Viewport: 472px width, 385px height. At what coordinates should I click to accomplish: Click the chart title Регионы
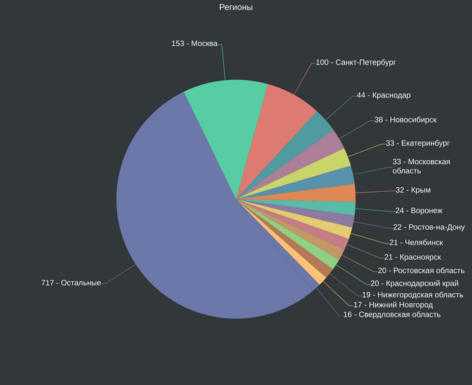click(236, 7)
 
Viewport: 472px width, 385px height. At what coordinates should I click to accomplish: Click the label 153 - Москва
click(194, 44)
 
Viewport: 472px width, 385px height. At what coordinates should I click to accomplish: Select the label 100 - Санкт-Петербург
click(355, 63)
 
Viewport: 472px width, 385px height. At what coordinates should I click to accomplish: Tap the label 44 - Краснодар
click(384, 96)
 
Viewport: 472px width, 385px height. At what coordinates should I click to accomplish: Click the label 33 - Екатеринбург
click(417, 143)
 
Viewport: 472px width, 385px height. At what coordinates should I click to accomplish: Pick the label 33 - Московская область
click(421, 166)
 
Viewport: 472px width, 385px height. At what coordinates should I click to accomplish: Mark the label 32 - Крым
click(413, 190)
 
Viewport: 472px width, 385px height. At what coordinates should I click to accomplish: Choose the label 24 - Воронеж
click(419, 211)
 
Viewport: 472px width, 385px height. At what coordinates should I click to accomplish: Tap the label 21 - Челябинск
click(416, 242)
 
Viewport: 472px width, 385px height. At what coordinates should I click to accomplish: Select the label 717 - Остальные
click(71, 283)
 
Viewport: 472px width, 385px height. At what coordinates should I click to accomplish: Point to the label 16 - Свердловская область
click(392, 314)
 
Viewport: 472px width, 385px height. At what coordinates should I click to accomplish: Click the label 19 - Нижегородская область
click(412, 295)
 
